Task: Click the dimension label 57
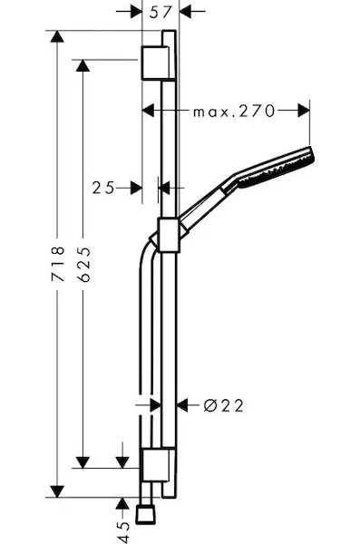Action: click(161, 13)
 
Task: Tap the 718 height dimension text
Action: click(58, 264)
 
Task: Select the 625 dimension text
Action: click(83, 264)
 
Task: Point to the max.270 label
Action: click(234, 112)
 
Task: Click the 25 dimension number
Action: click(103, 188)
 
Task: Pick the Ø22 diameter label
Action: click(224, 405)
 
